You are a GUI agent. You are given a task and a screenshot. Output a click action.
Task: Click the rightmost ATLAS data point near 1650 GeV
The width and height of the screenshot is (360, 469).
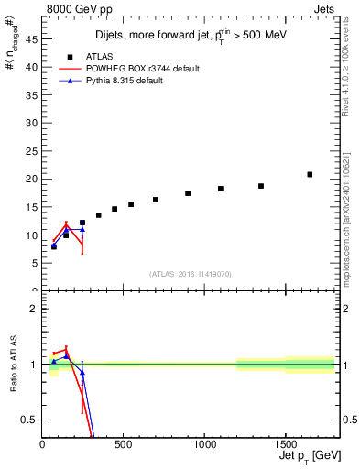click(310, 174)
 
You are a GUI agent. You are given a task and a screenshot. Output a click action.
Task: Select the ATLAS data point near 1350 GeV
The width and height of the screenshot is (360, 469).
click(261, 186)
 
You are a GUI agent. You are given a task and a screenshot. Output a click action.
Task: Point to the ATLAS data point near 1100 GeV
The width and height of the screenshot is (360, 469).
click(221, 189)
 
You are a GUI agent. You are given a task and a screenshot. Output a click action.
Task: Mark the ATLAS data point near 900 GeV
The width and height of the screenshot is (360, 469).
click(188, 193)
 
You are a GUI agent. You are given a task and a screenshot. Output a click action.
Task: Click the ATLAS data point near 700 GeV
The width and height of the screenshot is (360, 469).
click(156, 200)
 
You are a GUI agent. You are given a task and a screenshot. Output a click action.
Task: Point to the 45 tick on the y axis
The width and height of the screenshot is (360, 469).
click(34, 38)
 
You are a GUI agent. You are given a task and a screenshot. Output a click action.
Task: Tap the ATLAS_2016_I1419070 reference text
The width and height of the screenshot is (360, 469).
click(191, 274)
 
